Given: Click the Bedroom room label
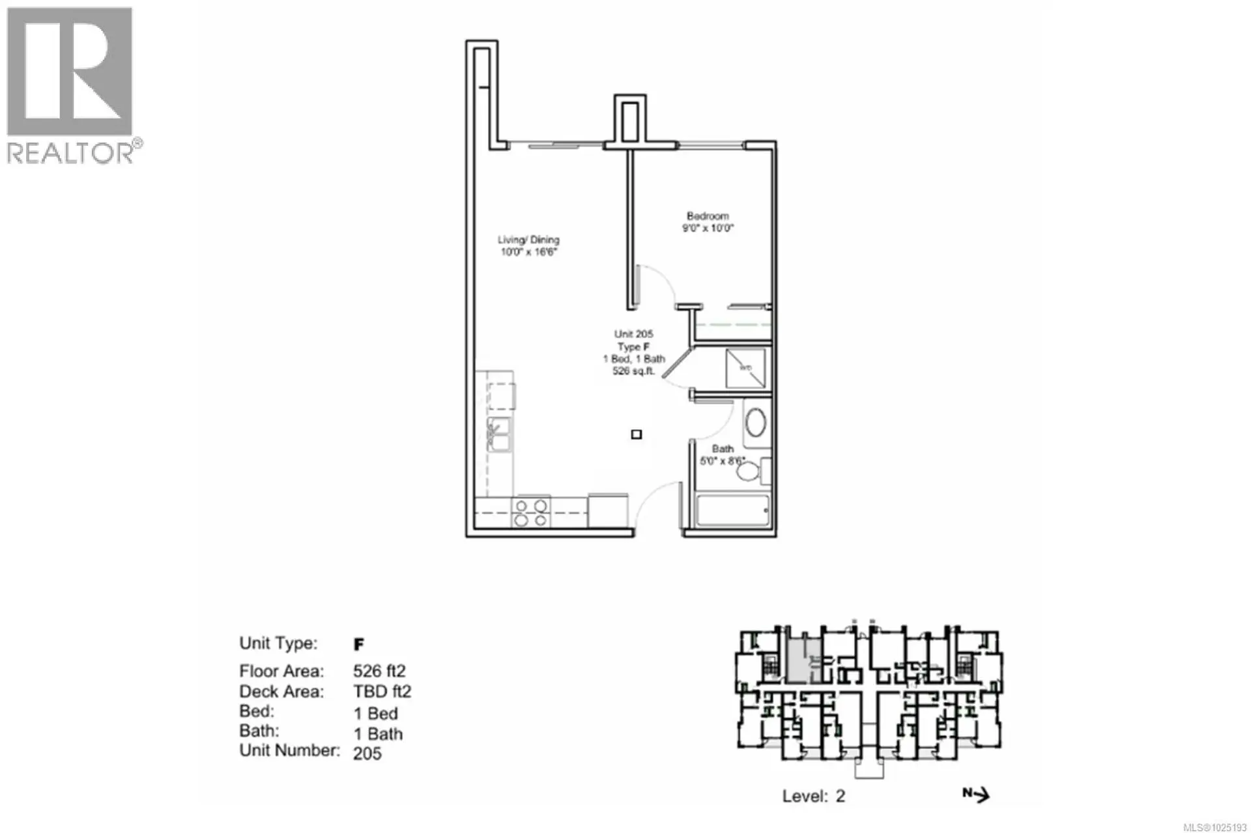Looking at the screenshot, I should pos(708,216).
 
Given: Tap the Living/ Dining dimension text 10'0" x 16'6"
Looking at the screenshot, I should pos(529,252).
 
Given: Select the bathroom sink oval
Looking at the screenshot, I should pos(756,423).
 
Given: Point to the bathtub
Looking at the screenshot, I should pos(733,511).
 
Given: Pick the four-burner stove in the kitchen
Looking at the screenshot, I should pos(530,513).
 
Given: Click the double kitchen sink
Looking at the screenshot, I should pos(499,434).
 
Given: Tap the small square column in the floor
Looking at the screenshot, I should pos(637,434).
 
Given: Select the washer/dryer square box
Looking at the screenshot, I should pos(745,368).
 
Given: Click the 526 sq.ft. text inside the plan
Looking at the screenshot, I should pos(633,371).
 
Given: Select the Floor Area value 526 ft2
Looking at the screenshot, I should pos(379,671).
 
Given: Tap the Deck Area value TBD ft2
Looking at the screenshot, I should pos(382,692).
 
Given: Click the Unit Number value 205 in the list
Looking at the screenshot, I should pos(367,754).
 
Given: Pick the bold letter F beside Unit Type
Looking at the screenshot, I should pos(358,644).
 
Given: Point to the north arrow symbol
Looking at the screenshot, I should pos(977,794).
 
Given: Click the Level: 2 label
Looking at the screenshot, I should pos(813,796).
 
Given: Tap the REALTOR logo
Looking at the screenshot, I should pos(70,85).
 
